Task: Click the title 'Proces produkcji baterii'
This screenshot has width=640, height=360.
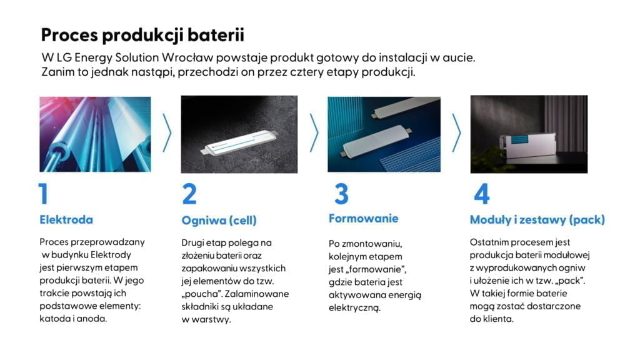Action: tap(142, 36)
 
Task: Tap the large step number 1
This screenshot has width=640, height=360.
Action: tap(43, 194)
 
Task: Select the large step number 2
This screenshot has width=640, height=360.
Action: tap(189, 194)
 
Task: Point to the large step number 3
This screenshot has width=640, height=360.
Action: tap(342, 194)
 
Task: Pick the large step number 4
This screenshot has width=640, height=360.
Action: tap(482, 194)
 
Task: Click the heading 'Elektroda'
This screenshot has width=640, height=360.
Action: tap(66, 219)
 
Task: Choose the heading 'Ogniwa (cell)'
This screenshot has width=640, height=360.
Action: tap(219, 221)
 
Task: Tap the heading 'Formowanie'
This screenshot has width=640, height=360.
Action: tap(363, 218)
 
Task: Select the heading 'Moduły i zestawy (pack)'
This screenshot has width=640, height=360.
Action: tap(537, 220)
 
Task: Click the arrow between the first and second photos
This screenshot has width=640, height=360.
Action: tap(167, 133)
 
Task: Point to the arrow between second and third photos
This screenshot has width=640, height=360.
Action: tap(314, 133)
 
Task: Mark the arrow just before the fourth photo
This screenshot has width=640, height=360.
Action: tap(456, 133)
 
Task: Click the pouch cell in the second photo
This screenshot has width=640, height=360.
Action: tap(239, 142)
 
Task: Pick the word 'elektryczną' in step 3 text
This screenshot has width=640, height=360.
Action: tap(354, 308)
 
